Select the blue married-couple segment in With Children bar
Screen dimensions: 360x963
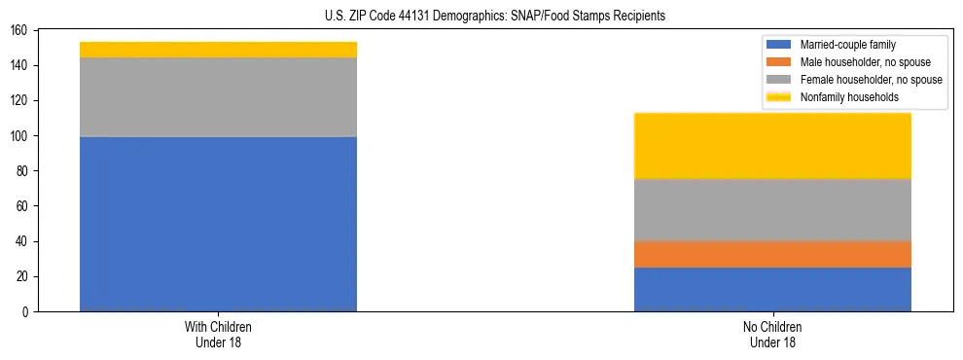[x=218, y=224]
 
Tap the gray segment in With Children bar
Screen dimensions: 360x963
[x=218, y=97]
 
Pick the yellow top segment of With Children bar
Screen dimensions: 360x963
[x=218, y=50]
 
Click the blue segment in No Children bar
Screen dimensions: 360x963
[x=772, y=289]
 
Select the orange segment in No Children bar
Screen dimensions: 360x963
[x=772, y=254]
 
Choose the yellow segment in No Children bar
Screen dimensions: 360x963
[x=772, y=146]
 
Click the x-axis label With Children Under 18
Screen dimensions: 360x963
[x=218, y=334]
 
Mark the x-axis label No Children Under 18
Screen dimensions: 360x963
[x=772, y=334]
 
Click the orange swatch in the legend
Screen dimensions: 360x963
[x=779, y=62]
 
